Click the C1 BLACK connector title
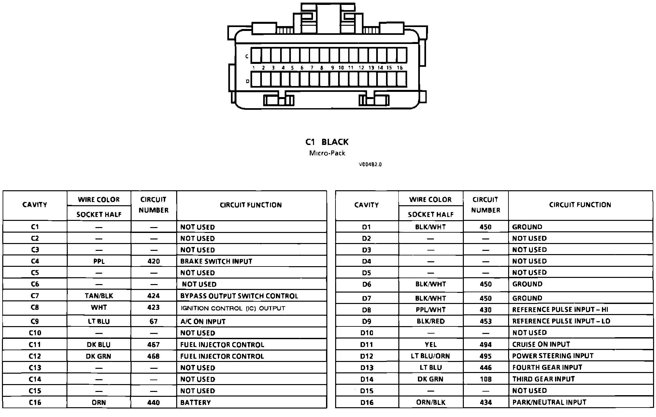327,142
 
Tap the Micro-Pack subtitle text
327,153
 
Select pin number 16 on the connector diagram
400,68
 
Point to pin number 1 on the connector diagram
254,68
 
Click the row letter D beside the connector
248,81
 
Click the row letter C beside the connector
247,56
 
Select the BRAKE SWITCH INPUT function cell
216,261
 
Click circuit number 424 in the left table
153,296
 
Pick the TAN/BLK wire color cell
99,296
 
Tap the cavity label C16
35,402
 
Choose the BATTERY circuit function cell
195,402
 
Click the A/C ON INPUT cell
203,322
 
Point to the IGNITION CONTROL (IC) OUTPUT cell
233,308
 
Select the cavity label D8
366,310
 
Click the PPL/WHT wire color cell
430,310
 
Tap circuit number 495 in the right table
485,356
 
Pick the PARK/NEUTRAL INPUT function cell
549,402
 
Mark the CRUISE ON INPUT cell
541,344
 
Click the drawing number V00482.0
370,165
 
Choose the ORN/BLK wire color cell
431,402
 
